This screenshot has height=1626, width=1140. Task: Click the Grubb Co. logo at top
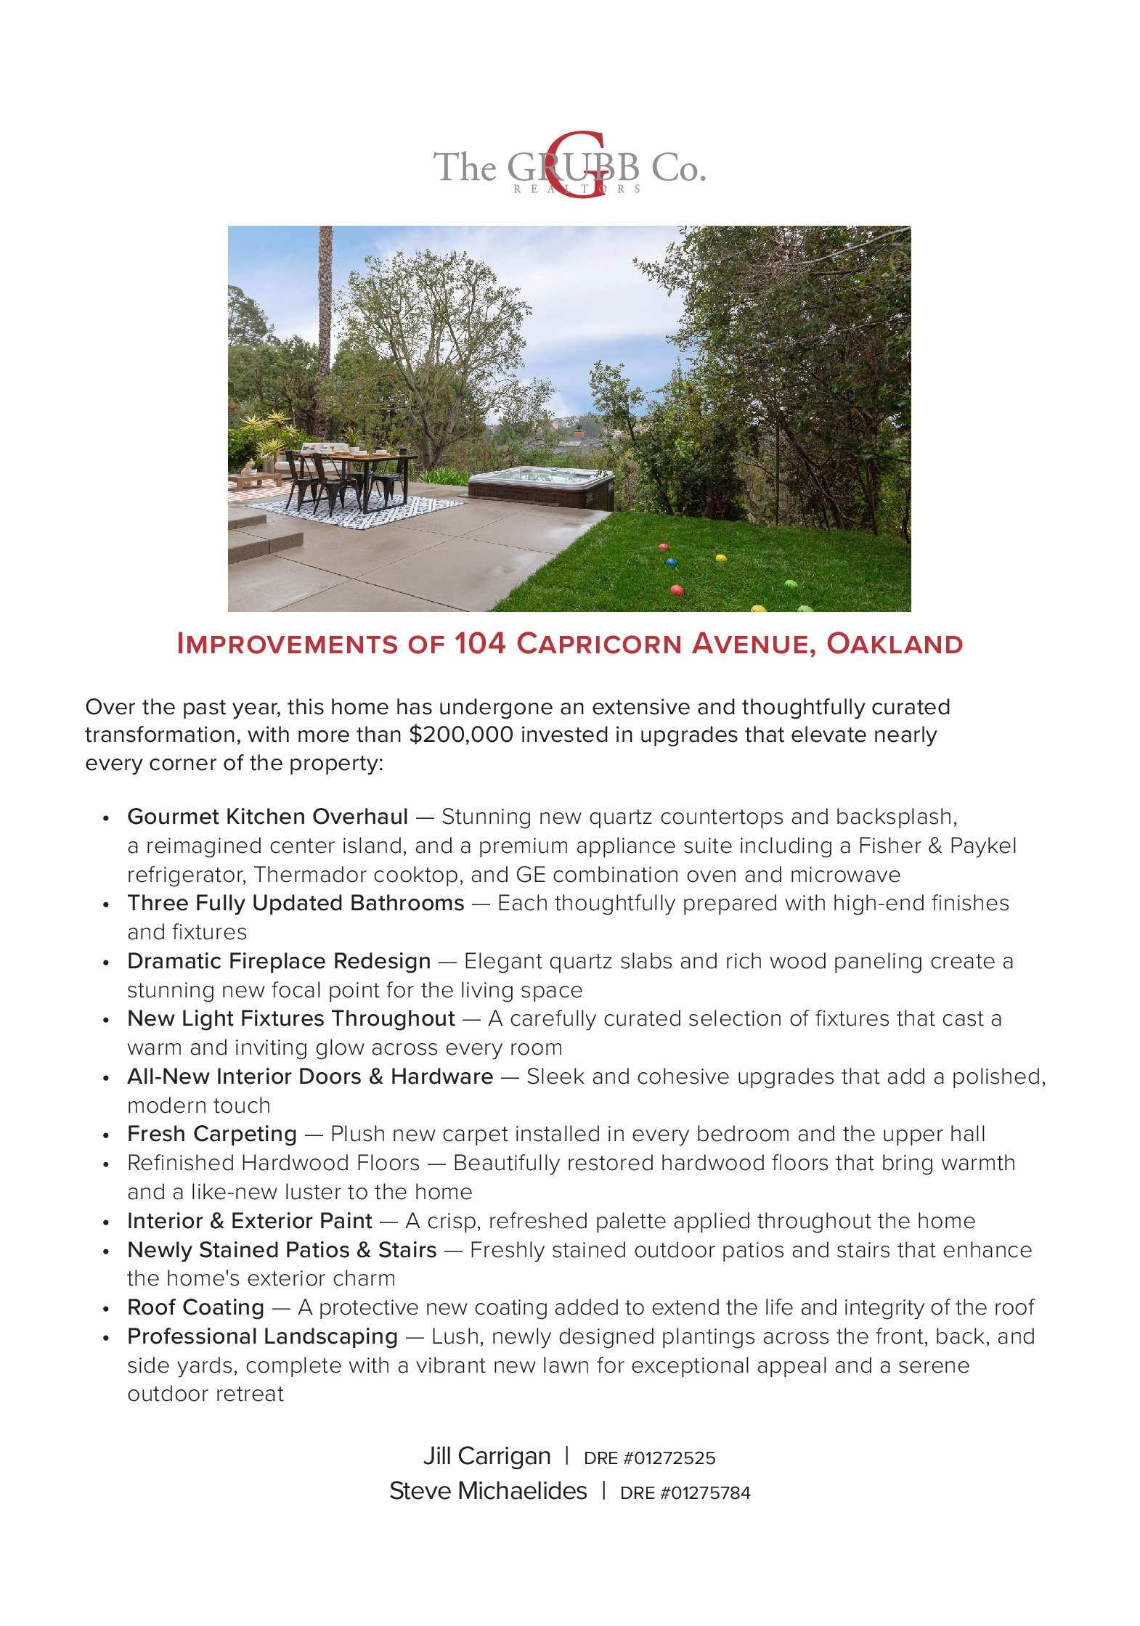pyautogui.click(x=569, y=167)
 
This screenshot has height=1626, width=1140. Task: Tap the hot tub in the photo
pyautogui.click(x=541, y=484)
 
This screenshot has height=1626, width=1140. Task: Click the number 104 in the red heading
pyautogui.click(x=480, y=644)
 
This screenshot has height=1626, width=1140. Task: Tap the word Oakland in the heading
pyautogui.click(x=895, y=644)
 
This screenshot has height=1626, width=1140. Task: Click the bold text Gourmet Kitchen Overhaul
pyautogui.click(x=267, y=817)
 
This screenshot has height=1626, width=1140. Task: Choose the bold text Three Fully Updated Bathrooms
pyautogui.click(x=296, y=903)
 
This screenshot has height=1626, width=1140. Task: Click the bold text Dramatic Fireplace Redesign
pyautogui.click(x=279, y=961)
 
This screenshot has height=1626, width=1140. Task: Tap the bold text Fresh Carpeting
pyautogui.click(x=212, y=1134)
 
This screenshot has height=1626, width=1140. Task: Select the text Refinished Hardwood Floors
pyautogui.click(x=273, y=1163)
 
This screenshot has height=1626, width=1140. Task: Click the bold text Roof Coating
pyautogui.click(x=195, y=1307)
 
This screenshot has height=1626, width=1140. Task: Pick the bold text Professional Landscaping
pyautogui.click(x=262, y=1336)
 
